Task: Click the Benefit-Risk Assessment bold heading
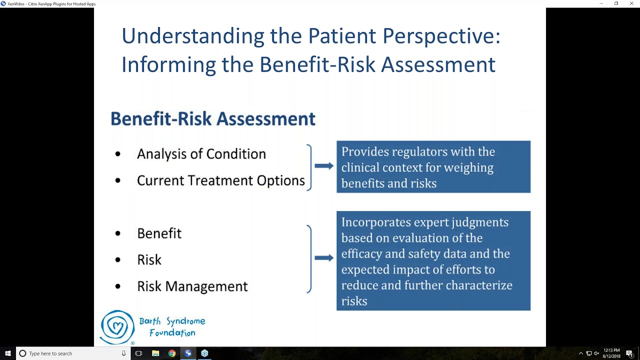(x=212, y=119)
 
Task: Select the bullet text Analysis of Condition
(x=201, y=154)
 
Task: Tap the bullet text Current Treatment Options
(x=220, y=180)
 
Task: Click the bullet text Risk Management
(x=192, y=286)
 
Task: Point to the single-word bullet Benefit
(x=159, y=233)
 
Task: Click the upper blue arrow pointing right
(x=324, y=166)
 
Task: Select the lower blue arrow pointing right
(x=324, y=258)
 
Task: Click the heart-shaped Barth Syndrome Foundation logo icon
(x=117, y=327)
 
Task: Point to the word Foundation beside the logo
(x=172, y=333)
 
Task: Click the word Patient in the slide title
(x=342, y=36)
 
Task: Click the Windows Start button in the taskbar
(x=8, y=353)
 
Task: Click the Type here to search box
(x=70, y=353)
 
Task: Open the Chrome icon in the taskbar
(x=171, y=353)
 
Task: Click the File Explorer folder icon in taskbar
(x=155, y=353)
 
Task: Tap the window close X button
(x=631, y=3)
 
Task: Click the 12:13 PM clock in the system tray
(x=611, y=350)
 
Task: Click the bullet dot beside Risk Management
(x=118, y=286)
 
